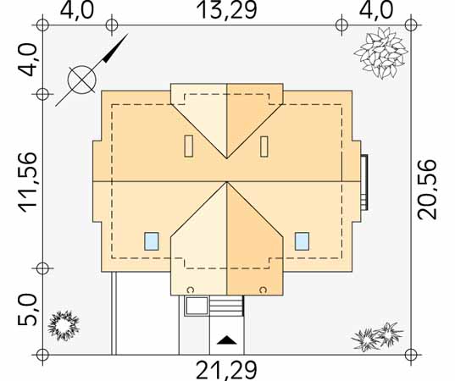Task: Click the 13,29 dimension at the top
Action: [226, 10]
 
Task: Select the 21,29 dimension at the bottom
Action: [226, 370]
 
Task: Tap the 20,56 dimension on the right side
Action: [426, 190]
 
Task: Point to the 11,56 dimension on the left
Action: [28, 183]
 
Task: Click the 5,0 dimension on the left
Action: [28, 309]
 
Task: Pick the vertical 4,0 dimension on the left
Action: [28, 60]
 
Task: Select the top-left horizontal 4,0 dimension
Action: [77, 10]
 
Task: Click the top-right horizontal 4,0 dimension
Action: [376, 10]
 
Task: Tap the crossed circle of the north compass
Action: [82, 80]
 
